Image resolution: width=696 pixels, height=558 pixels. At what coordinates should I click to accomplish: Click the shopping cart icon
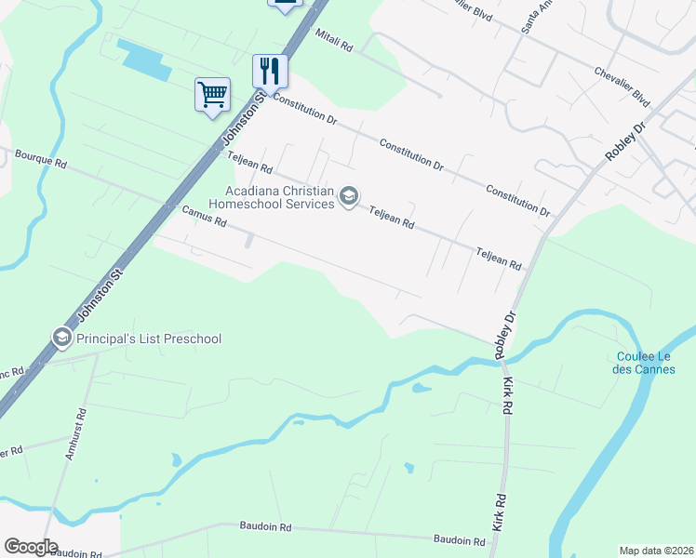(x=212, y=94)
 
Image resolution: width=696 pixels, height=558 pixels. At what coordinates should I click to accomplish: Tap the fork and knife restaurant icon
(x=270, y=71)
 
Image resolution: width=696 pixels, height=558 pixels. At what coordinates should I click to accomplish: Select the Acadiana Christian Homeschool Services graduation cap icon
(x=349, y=196)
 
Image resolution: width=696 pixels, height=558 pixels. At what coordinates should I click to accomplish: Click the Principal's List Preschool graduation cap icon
(x=62, y=338)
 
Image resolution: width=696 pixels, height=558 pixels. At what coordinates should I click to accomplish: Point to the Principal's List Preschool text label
(x=149, y=339)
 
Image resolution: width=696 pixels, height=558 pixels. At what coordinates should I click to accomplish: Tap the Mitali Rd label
(x=335, y=40)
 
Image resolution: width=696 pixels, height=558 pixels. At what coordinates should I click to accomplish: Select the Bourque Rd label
(x=41, y=159)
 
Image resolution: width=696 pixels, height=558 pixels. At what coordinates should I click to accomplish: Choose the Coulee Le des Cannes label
(x=652, y=363)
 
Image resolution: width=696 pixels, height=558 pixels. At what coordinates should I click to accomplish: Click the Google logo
(x=31, y=547)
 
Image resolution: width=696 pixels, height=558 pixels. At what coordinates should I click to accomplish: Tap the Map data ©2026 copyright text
(x=656, y=550)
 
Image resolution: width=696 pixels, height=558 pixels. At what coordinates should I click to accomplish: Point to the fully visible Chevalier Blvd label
(x=622, y=84)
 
